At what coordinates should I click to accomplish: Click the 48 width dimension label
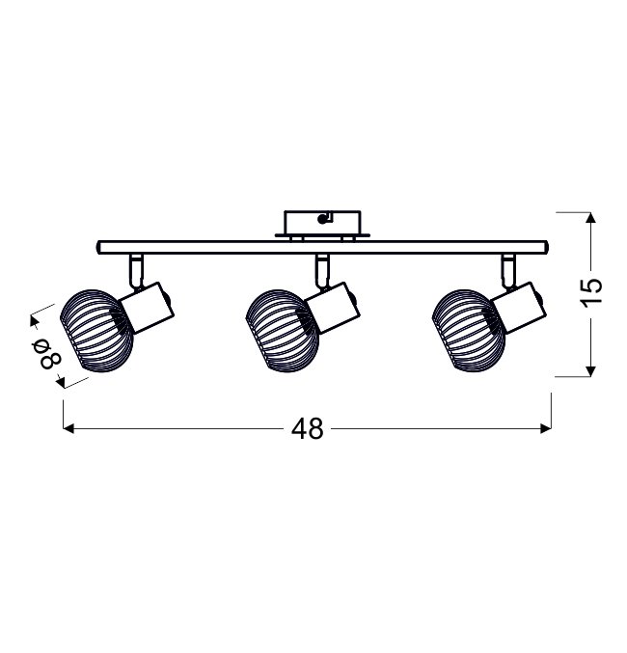point(308,428)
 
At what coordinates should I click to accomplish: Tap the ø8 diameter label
point(50,354)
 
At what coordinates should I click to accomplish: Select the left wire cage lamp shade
point(96,331)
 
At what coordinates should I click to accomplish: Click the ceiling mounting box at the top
point(322,224)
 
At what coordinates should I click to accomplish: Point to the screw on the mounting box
point(321,219)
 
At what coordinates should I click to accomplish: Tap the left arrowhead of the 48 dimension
point(68,428)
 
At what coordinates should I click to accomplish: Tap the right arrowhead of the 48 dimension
point(546,428)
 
